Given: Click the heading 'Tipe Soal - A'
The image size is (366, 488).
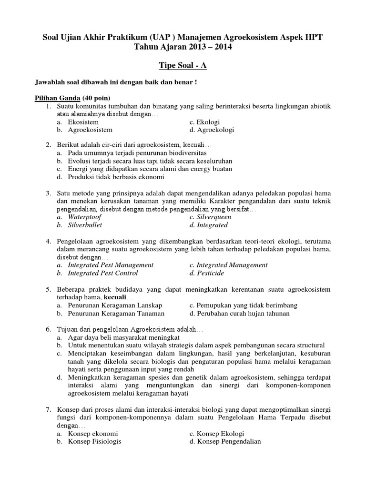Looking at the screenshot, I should tap(183, 65).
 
